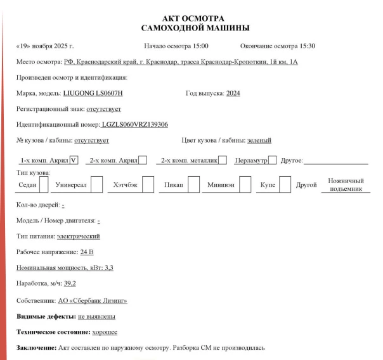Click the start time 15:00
tap(198, 46)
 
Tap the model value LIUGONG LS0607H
tap(93, 93)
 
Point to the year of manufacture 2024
tap(233, 93)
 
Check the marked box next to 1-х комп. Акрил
tap(74, 160)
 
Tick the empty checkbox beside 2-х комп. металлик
tap(223, 160)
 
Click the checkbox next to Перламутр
tap(272, 160)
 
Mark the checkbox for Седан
tap(44, 184)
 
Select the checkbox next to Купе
tap(285, 184)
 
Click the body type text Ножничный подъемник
tap(346, 184)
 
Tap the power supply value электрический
tap(78, 236)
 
